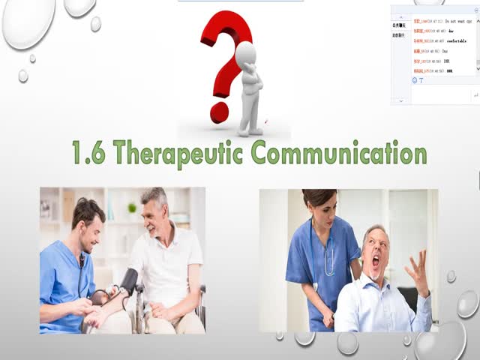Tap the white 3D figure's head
tap(245, 54)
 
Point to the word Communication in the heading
tap(338, 153)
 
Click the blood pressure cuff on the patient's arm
tap(129, 280)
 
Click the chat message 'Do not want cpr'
tap(457, 22)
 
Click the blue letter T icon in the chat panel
tap(421, 80)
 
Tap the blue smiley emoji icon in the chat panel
tap(414, 80)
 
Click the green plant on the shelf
tap(132, 206)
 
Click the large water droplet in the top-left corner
tap(28, 22)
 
